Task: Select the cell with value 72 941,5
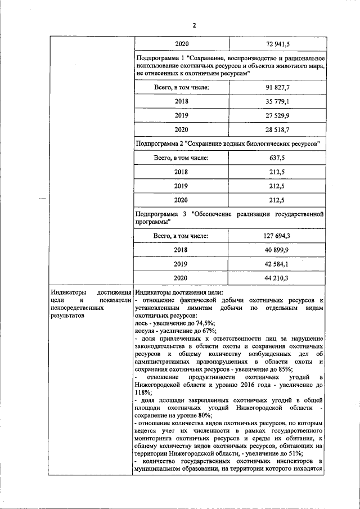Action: tap(277, 43)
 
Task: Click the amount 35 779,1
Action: tap(277, 101)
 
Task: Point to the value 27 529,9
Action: tap(277, 115)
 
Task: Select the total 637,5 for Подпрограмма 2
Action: tap(277, 158)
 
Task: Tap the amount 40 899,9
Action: tap(277, 250)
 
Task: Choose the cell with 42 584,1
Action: tap(277, 264)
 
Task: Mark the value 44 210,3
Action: tap(277, 278)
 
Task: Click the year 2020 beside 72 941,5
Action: tap(181, 43)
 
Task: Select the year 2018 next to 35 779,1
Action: tap(181, 101)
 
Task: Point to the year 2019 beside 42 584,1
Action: tap(181, 264)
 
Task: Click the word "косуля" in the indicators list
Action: tap(146, 332)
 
